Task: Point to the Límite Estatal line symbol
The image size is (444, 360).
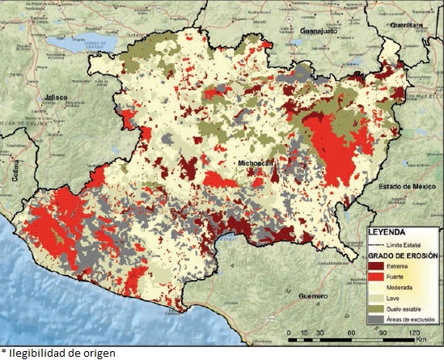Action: point(380,243)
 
